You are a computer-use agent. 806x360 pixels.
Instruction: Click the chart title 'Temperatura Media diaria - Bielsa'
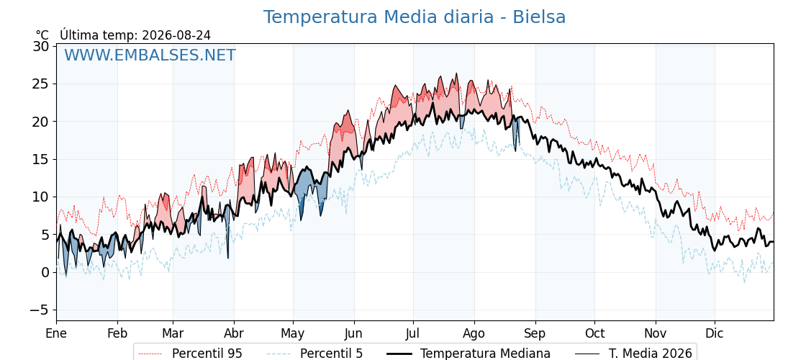[x=415, y=17]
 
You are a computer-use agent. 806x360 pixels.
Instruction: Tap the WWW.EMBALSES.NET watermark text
[x=150, y=55]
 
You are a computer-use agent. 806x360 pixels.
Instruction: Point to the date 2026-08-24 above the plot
[x=176, y=35]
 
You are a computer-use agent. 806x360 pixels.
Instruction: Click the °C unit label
[x=42, y=35]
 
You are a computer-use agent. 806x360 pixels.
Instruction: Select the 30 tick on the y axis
[x=42, y=46]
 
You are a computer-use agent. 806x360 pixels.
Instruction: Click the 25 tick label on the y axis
[x=42, y=84]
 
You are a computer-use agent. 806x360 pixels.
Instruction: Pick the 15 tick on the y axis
[x=42, y=159]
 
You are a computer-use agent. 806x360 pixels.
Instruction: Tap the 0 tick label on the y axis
[x=45, y=273]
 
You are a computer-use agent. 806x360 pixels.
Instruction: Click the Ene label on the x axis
[x=56, y=333]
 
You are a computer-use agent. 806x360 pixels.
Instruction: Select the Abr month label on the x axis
[x=234, y=333]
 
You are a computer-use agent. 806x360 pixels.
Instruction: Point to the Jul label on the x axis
[x=414, y=333]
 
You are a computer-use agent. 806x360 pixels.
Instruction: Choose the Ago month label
[x=474, y=334]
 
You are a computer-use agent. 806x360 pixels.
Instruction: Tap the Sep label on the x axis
[x=535, y=334]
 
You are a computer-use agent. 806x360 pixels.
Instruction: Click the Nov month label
[x=656, y=333]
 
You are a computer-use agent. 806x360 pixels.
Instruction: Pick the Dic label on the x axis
[x=715, y=333]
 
